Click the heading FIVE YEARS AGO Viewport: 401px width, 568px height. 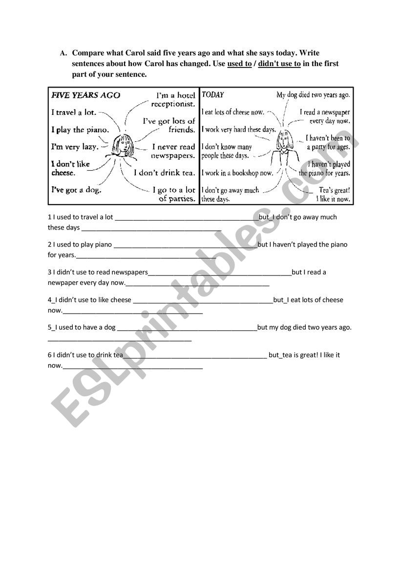coord(85,95)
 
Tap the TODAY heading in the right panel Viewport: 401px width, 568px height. coord(213,94)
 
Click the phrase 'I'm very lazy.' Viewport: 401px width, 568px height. coord(75,146)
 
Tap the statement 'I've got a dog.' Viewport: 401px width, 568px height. coord(76,190)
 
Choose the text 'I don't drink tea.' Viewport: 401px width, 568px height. coord(165,173)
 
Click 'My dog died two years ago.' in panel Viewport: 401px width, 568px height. coord(313,95)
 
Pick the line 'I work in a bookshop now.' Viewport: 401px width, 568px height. coord(237,173)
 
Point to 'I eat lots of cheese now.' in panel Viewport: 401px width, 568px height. coord(232,112)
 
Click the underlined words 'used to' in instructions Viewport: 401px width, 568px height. coord(239,64)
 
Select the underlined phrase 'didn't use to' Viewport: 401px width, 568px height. coord(279,64)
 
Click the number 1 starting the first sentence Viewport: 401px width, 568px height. coord(49,217)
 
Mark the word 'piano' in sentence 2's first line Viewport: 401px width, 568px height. coord(103,245)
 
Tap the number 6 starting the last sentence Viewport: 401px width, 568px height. coord(49,355)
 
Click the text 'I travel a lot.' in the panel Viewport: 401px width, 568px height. coord(74,112)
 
